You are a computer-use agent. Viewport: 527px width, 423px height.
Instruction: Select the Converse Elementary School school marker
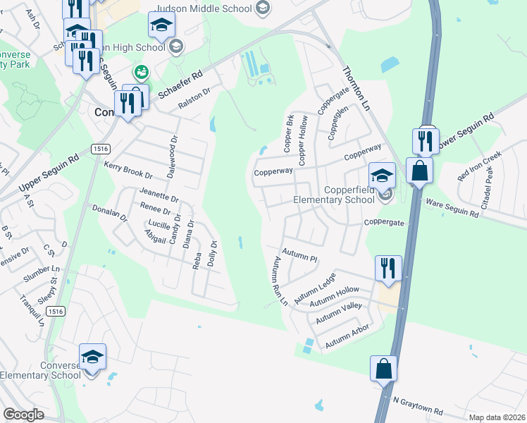pos(92,359)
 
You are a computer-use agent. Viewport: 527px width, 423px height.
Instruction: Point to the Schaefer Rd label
pos(180,83)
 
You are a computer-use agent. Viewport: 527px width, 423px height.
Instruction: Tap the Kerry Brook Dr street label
pos(128,170)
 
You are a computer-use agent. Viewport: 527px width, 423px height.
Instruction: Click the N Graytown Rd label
pos(418,405)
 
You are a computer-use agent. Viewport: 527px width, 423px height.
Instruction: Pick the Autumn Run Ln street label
pos(279,281)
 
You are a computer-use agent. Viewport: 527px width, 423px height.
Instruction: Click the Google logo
pos(24,415)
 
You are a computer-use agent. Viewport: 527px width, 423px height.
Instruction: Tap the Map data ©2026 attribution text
pos(497,417)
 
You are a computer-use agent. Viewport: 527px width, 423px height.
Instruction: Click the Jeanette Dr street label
pos(159,195)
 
